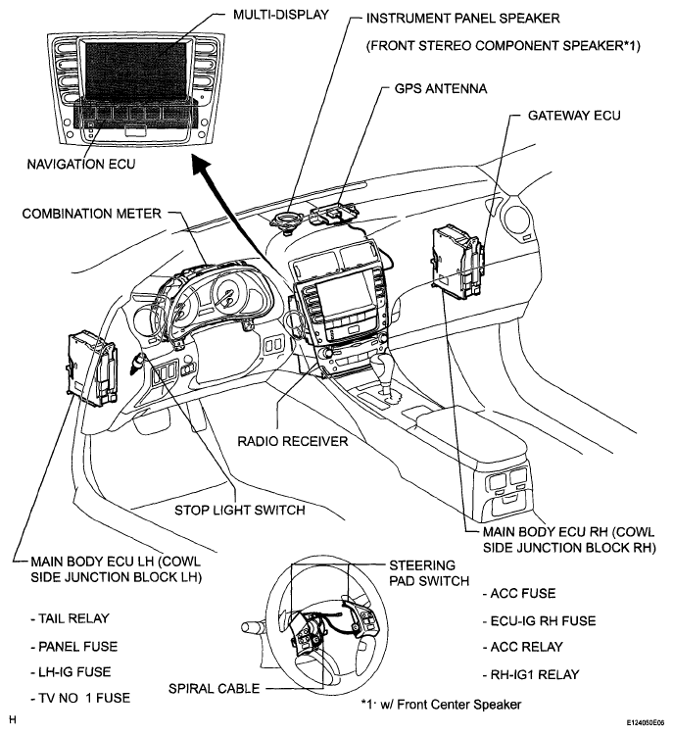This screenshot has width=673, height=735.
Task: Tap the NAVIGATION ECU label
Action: click(x=79, y=164)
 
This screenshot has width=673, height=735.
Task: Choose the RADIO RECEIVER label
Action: click(x=292, y=441)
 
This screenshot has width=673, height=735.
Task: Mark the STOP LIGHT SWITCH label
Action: click(x=239, y=510)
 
